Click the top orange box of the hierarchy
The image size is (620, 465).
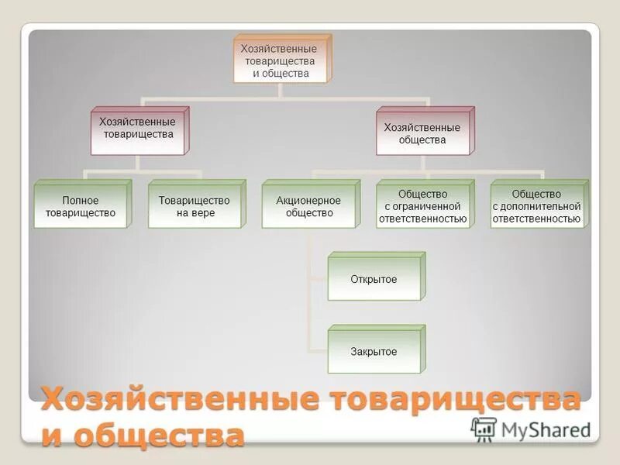[x=281, y=60]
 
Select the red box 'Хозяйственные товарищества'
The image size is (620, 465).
[x=138, y=129]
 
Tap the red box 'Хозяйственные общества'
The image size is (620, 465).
[x=422, y=134]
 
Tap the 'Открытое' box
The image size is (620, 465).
[x=373, y=279]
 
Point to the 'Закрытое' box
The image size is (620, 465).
[x=373, y=352]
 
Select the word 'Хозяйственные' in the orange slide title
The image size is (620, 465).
[x=180, y=401]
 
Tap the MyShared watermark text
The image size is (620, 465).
[x=545, y=429]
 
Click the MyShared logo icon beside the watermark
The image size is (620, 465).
[x=484, y=429]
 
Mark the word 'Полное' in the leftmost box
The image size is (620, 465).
[x=80, y=201]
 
